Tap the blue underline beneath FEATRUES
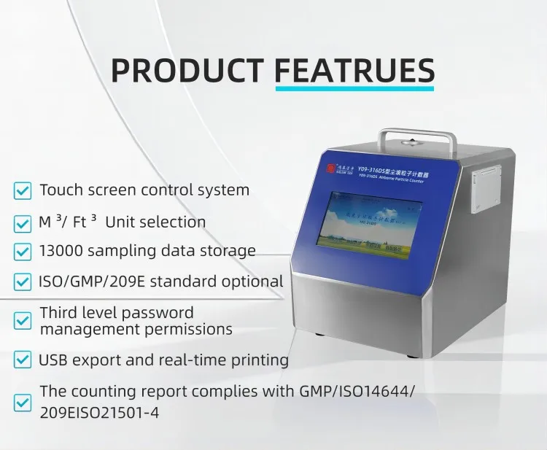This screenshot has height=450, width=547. [x=354, y=90]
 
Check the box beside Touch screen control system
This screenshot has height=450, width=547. [x=23, y=191]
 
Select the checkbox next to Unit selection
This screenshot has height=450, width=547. [x=23, y=222]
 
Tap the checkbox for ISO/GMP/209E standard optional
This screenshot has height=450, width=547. [x=23, y=282]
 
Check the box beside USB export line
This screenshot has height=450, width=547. [x=23, y=360]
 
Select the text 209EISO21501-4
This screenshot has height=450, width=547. [x=99, y=412]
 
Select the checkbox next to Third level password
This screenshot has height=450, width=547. [x=23, y=320]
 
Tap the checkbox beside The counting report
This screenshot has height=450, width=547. [x=23, y=401]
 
